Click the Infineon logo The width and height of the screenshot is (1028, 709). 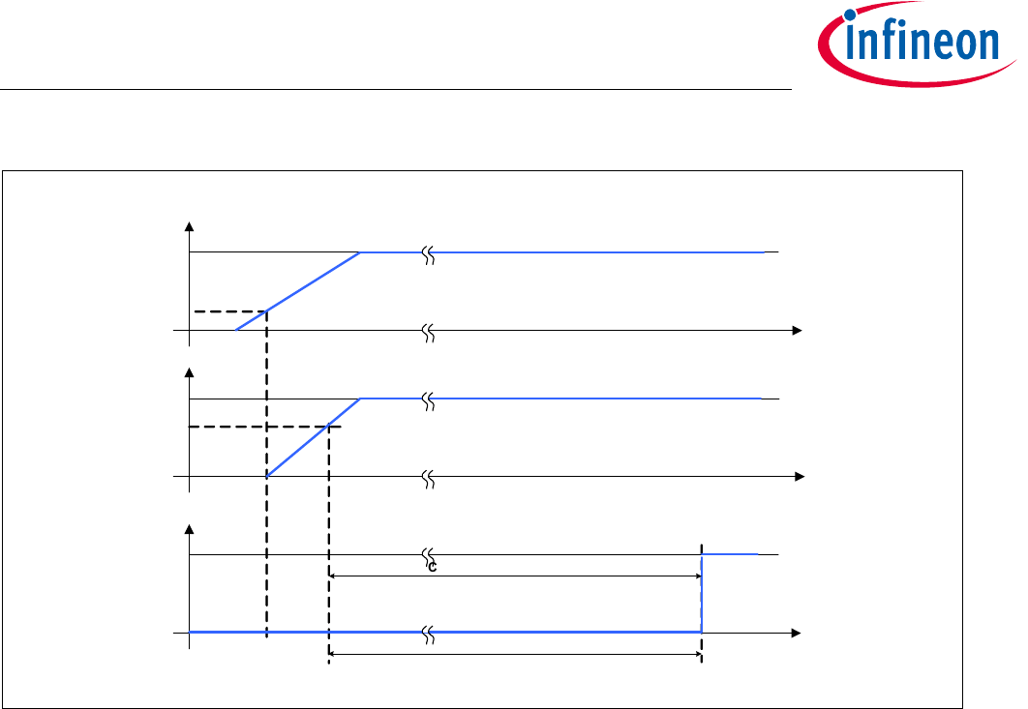(917, 44)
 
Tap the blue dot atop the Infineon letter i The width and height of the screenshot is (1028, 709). (850, 15)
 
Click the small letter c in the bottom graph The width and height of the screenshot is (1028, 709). (432, 568)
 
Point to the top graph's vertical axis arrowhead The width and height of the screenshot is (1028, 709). (190, 226)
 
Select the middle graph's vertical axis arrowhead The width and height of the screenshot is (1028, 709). (190, 372)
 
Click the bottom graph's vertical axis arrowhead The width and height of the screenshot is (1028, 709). (190, 529)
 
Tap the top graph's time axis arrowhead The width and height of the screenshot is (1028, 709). (798, 330)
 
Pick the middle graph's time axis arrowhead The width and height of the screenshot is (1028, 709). (800, 477)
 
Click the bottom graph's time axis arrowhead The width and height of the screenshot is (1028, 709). (797, 633)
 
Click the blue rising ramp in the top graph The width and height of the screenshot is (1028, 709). (297, 291)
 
